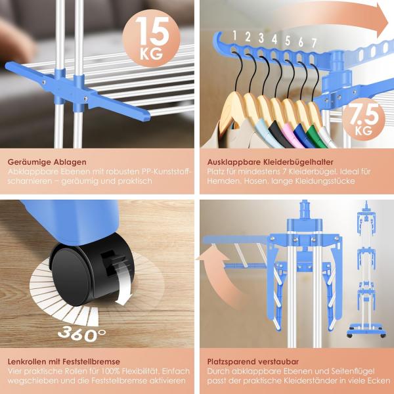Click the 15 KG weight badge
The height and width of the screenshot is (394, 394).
[x=151, y=38]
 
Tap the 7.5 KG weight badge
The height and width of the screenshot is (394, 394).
[x=364, y=120]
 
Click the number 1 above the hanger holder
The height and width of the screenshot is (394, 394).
[x=234, y=35]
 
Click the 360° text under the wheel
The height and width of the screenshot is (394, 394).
[x=81, y=334]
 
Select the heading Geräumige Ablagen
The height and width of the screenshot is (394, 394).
[x=47, y=162]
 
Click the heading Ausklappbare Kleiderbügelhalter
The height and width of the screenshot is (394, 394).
[x=271, y=162]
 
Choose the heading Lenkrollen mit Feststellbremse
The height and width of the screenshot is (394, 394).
[x=64, y=362]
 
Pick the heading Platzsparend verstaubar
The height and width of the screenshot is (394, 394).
[x=253, y=362]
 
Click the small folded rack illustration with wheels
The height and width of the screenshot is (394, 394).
[x=366, y=269]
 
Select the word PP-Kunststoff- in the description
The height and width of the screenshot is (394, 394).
[x=167, y=171]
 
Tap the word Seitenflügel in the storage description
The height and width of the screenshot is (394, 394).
[x=353, y=371]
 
